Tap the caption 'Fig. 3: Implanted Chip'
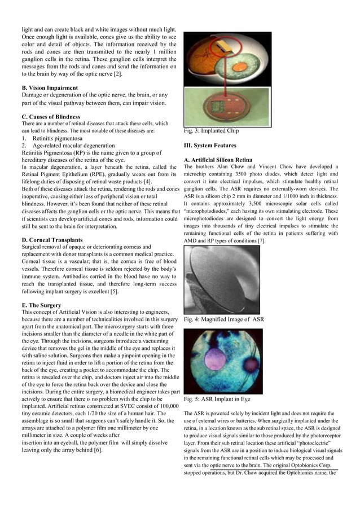click(211, 131)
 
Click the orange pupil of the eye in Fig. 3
click(217, 49)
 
